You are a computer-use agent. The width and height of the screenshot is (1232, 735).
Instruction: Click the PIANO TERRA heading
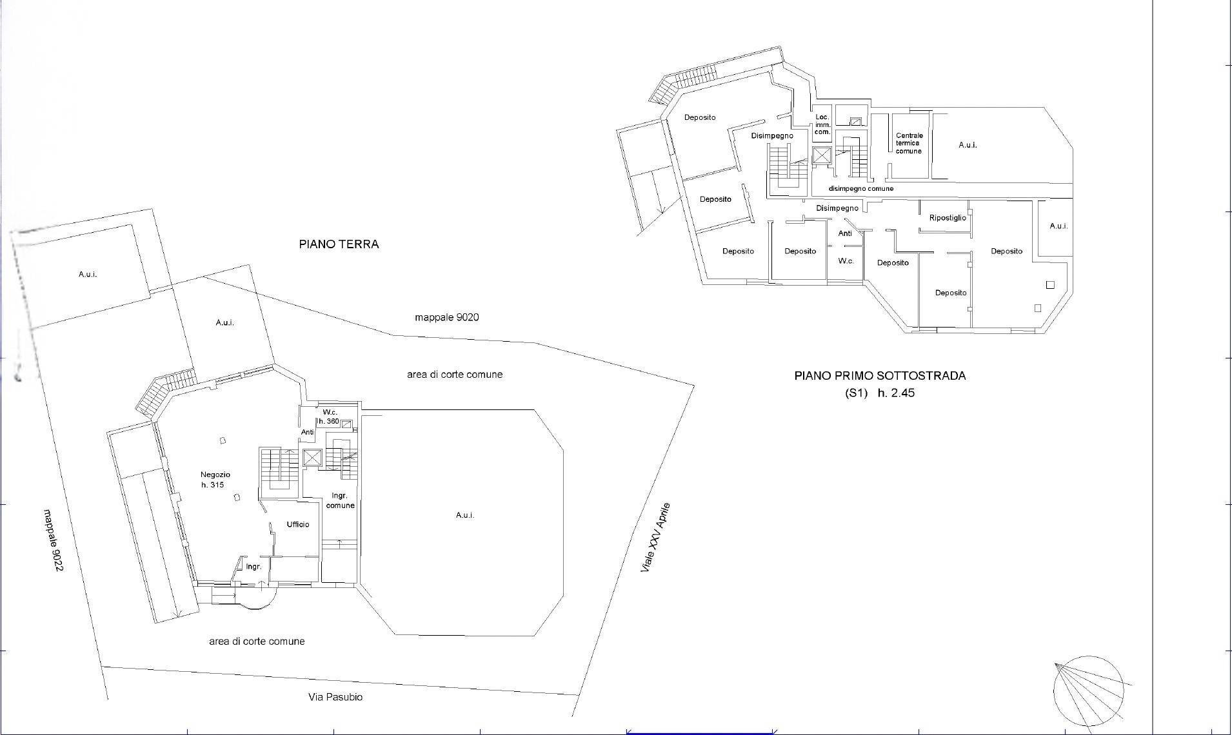coord(339,244)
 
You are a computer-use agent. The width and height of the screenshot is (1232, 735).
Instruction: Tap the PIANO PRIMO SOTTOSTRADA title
coord(880,376)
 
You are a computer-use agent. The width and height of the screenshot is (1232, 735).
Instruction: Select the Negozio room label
coord(215,475)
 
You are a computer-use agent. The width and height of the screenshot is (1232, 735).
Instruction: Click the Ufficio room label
coord(298,524)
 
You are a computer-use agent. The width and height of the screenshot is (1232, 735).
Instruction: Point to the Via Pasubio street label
coord(335,697)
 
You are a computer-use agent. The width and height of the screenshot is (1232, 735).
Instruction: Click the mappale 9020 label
coord(447,317)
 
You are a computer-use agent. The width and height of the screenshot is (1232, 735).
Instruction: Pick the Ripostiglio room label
coord(948,218)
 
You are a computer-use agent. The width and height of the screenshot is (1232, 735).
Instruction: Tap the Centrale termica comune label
coord(909,143)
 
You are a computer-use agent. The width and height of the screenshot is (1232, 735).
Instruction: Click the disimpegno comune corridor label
coord(861,188)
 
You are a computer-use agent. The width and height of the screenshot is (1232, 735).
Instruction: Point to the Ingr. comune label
coord(340,500)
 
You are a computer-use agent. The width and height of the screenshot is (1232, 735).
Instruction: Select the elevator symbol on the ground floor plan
coord(312,458)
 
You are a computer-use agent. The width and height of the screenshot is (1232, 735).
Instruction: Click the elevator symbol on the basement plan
coord(822,155)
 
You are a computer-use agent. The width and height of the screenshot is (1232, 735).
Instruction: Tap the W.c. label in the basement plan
coord(846,261)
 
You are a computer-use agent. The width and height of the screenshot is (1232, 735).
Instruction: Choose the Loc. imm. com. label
coord(822,124)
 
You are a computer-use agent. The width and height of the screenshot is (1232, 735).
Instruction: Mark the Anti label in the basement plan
coord(845,233)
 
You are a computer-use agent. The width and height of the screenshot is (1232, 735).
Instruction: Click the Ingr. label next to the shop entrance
coord(253,567)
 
